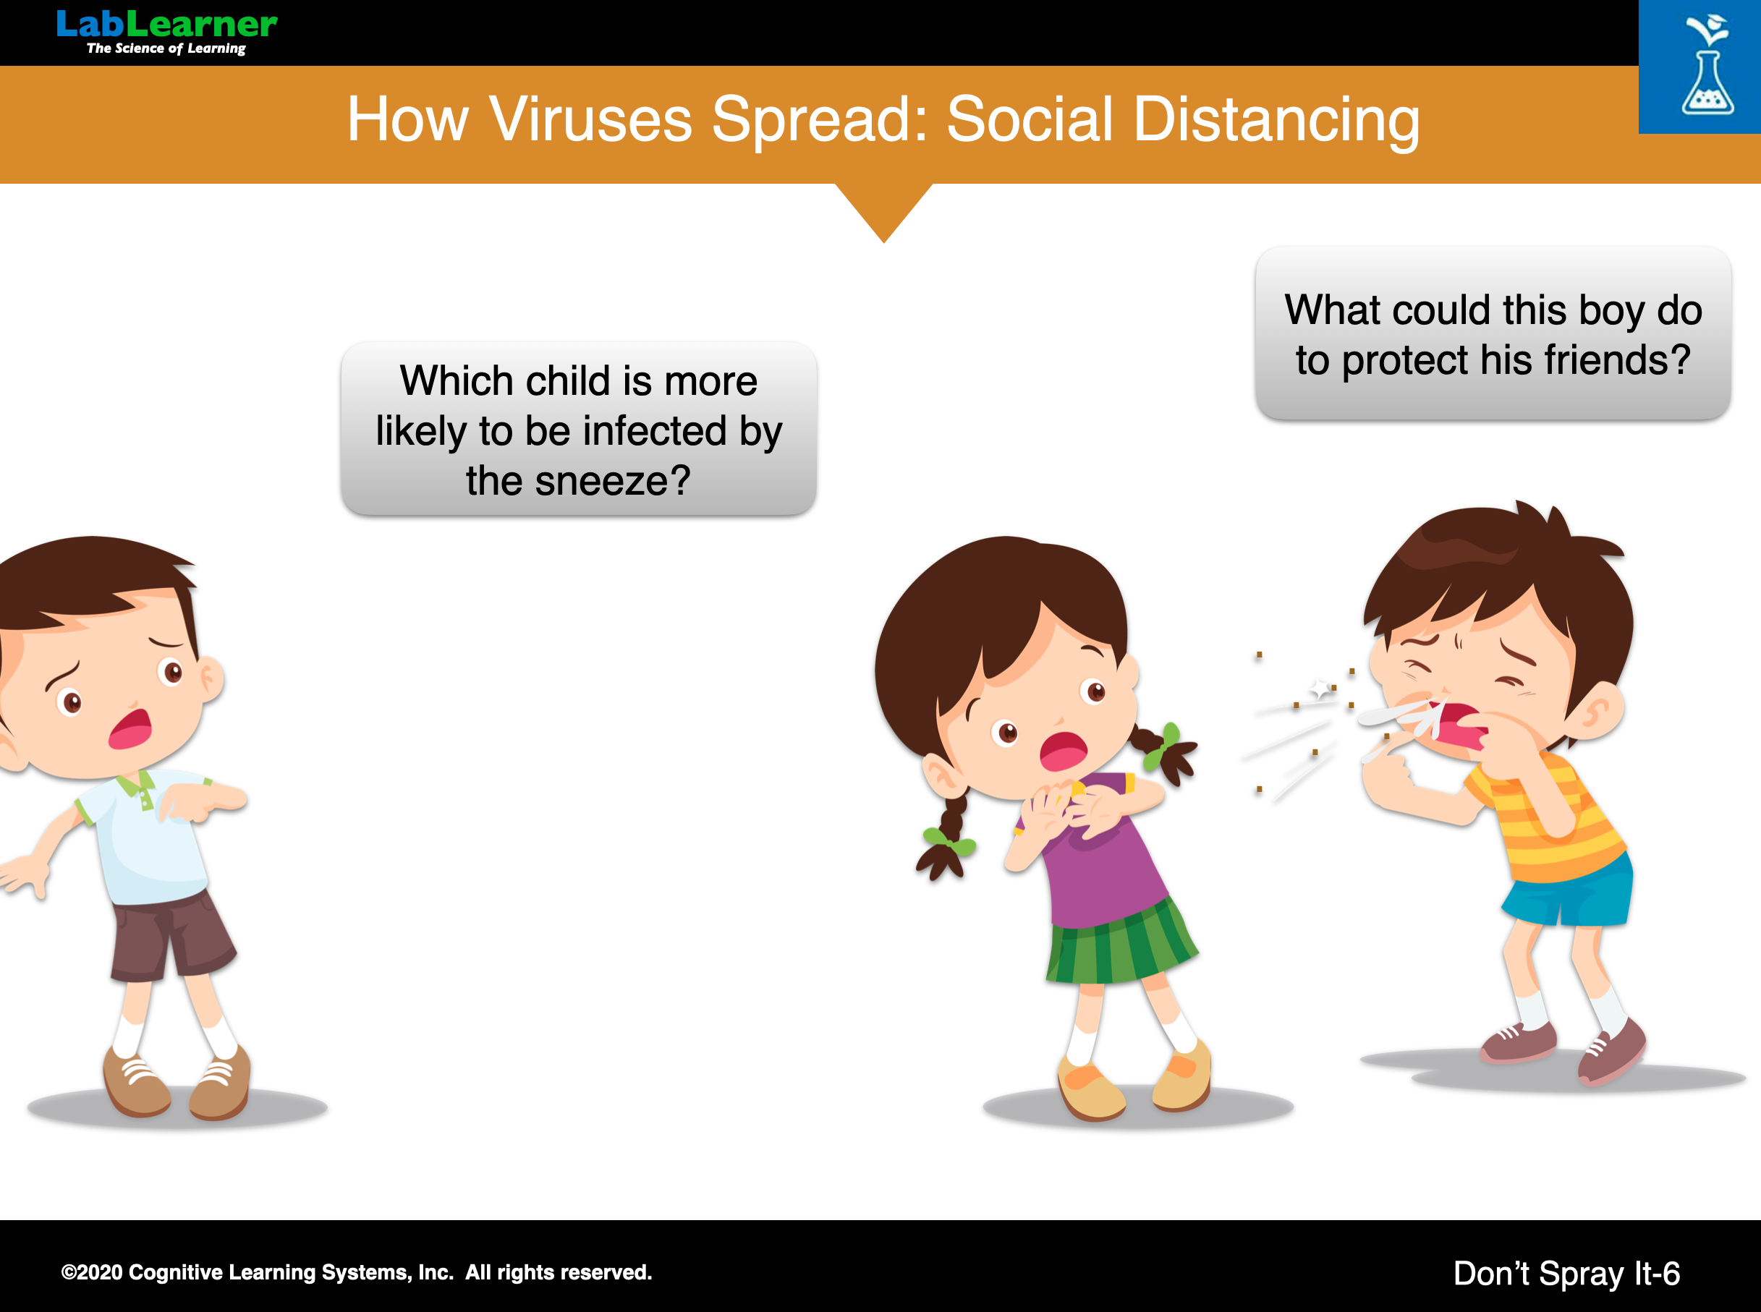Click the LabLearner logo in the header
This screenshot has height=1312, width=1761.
coord(167,32)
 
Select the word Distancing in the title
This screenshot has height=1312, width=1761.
coord(1276,121)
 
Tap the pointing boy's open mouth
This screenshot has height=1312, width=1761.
coord(130,728)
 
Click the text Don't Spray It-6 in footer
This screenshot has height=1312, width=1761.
coord(1566,1273)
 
